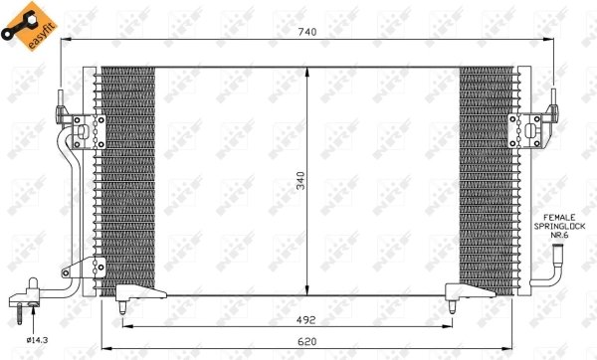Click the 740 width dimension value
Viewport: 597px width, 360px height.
pos(306,31)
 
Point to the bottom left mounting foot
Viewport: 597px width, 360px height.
pos(137,292)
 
